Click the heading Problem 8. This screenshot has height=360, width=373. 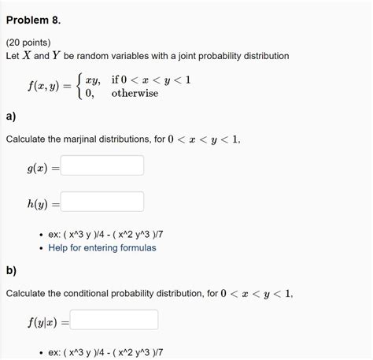(x=33, y=16)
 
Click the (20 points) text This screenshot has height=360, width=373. (x=28, y=42)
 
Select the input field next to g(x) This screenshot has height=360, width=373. (x=102, y=166)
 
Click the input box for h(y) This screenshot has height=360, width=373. (x=102, y=202)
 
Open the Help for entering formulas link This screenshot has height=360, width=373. (x=102, y=247)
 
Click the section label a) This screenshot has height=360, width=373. (x=11, y=116)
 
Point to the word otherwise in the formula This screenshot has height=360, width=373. (x=135, y=93)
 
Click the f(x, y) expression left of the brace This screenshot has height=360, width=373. (x=42, y=86)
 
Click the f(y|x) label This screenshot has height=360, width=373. (x=42, y=321)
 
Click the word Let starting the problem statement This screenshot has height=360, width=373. (x=13, y=57)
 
